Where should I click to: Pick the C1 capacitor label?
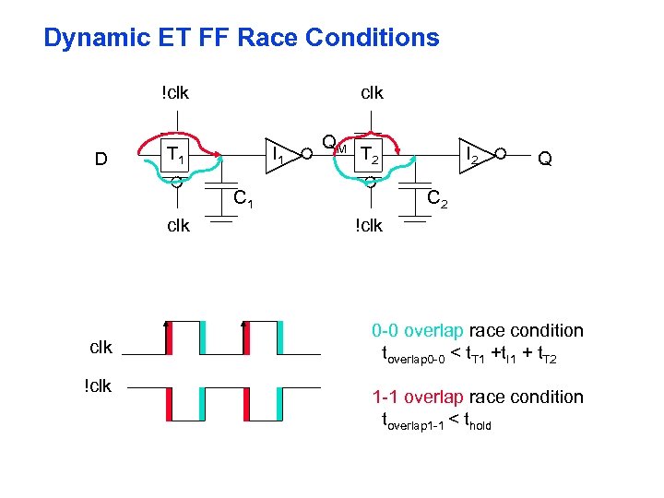[243, 196]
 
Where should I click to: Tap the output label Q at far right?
[545, 159]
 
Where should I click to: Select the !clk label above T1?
[174, 92]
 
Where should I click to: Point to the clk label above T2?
[372, 92]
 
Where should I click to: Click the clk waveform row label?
[101, 348]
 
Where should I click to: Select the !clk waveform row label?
[98, 385]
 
